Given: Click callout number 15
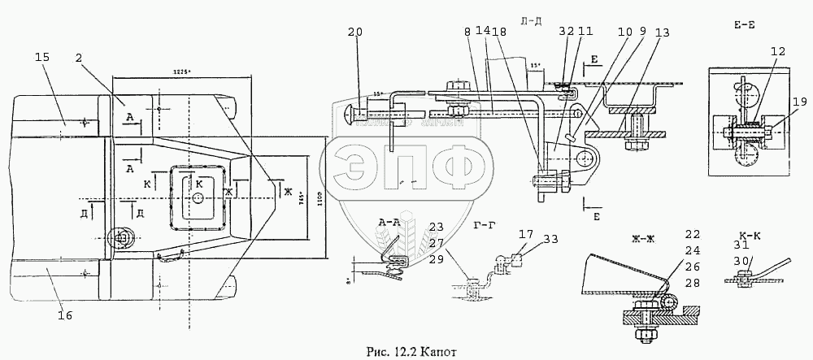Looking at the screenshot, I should [x=42, y=57].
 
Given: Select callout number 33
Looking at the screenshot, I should [x=552, y=239].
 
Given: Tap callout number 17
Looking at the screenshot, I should [x=527, y=234].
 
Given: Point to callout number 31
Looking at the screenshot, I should [x=741, y=245].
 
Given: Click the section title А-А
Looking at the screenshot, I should [x=389, y=221].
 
